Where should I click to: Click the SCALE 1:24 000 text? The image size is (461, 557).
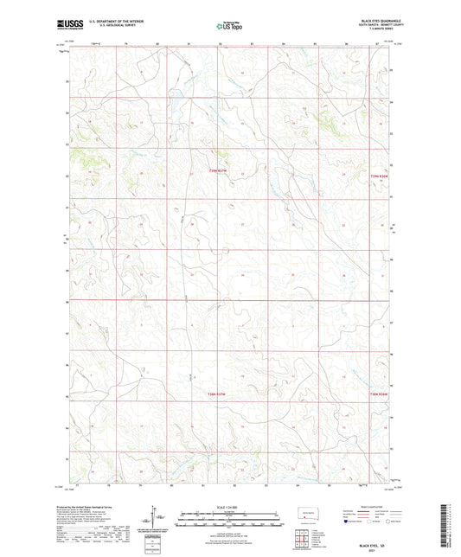229,506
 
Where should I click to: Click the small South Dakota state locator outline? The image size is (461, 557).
309,515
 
